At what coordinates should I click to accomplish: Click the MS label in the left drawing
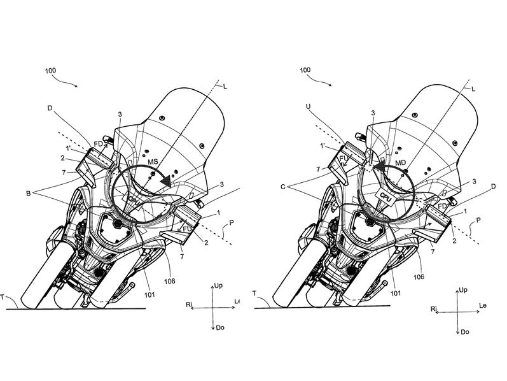point(153,162)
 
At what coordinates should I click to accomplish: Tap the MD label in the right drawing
point(401,162)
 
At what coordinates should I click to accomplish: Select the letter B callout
point(29,194)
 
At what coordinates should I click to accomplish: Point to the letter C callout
point(283,187)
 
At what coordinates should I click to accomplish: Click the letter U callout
point(308,106)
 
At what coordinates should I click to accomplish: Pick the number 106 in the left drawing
point(169,281)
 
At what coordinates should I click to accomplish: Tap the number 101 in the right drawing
point(396,293)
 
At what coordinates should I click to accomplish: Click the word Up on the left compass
point(218,286)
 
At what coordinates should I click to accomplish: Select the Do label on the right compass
point(465,332)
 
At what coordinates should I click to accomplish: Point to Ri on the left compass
point(189,305)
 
